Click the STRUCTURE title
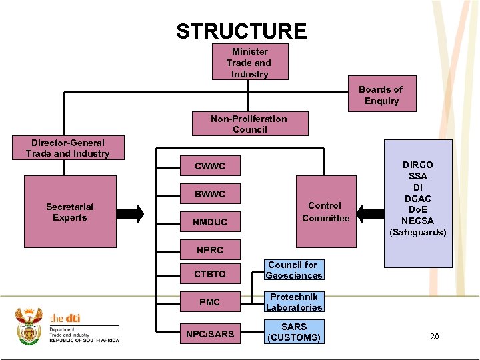pos(241,31)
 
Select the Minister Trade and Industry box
pos(249,63)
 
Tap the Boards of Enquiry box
pos(381,95)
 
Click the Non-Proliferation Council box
pos(249,124)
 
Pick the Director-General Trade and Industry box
pos(67,148)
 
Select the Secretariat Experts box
pos(70,213)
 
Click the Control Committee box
pos(325,212)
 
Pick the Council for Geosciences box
pos(293,270)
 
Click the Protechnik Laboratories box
pos(293,302)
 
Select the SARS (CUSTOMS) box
pos(293,332)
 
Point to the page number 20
pos(434,337)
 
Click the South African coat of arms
pos(29,327)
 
